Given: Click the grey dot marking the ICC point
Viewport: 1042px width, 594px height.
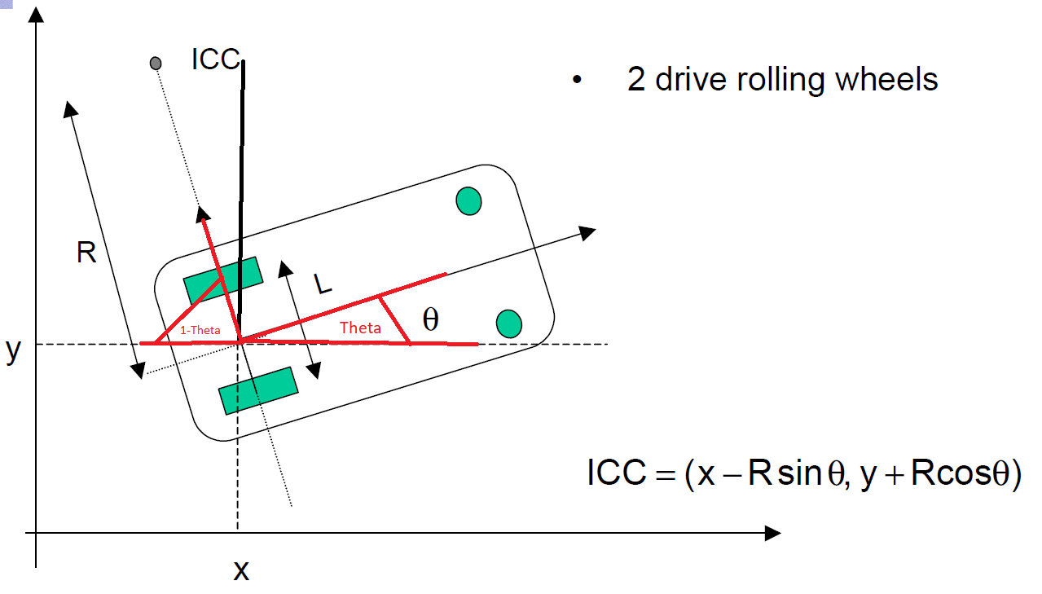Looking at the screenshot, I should pos(156,63).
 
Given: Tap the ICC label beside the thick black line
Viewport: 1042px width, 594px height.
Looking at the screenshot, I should pos(216,59).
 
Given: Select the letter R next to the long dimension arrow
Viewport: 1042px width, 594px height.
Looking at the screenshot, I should pos(86,253).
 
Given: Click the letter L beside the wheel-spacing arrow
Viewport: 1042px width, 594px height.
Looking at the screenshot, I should pos(323,284).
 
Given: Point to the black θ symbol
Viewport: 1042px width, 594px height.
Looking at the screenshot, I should pos(431,320).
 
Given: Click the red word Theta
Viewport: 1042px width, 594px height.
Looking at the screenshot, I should pos(360,328).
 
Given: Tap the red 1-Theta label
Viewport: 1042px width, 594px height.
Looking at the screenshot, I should pos(200,331).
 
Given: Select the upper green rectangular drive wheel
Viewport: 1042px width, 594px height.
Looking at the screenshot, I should pos(222,280).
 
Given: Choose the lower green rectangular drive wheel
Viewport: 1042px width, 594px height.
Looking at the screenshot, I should pos(257,390).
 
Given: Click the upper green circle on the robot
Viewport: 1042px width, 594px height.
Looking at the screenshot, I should pos(468,200).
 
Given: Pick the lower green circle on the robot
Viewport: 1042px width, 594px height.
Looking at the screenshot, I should pos(508,323).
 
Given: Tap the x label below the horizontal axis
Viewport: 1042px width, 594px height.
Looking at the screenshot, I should pos(241,570).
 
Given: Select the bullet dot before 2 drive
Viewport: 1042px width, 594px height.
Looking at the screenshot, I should pos(577,81).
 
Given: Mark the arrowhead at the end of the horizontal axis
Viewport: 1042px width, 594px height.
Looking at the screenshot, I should pos(772,534).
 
